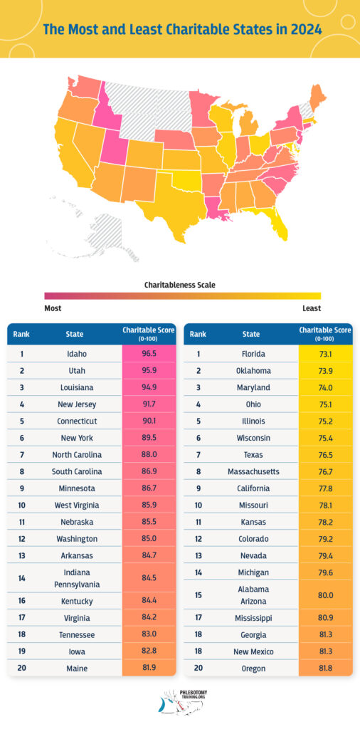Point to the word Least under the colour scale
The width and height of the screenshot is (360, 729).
click(x=310, y=308)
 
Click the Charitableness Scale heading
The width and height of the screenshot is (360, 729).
click(x=180, y=285)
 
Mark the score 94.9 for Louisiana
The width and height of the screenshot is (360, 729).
click(x=149, y=388)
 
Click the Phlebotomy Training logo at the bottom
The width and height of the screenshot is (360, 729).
click(x=180, y=701)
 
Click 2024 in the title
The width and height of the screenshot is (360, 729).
click(x=304, y=30)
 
